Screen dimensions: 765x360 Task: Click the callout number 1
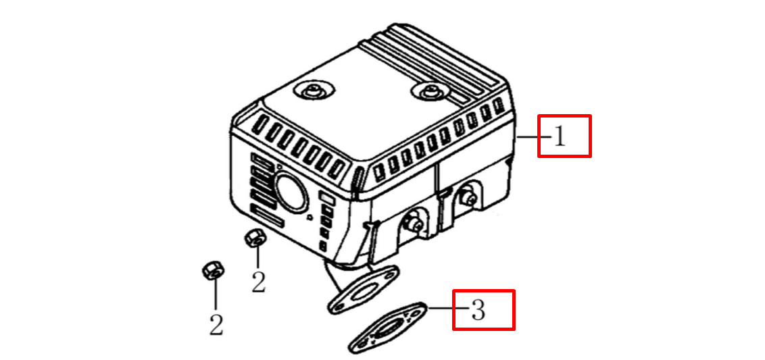point(560,137)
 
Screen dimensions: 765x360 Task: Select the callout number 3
point(478,310)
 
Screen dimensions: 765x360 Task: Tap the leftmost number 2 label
point(216,324)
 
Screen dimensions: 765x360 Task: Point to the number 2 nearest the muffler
point(258,282)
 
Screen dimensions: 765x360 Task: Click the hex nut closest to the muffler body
point(253,238)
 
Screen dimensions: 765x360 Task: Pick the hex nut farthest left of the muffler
point(211,271)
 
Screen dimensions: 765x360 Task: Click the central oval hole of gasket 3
point(389,328)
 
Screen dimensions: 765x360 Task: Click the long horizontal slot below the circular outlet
point(268,215)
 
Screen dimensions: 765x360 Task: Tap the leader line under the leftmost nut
point(215,297)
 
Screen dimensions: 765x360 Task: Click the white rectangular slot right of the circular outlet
point(326,199)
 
